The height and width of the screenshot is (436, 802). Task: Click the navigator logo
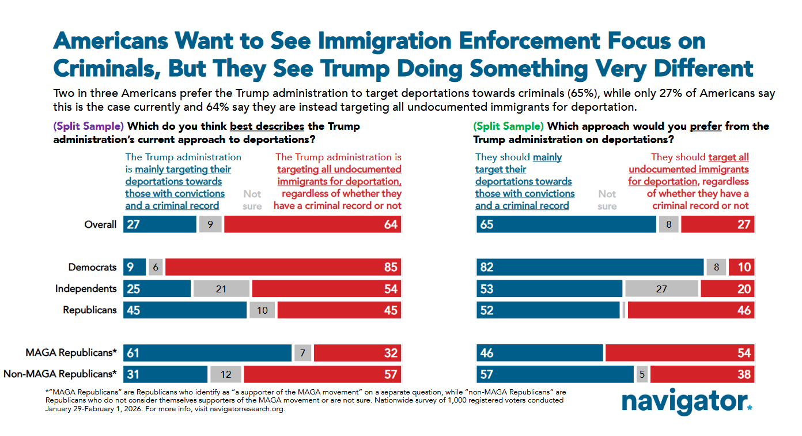[x=686, y=401]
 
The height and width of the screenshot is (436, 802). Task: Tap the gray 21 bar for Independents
[x=221, y=289]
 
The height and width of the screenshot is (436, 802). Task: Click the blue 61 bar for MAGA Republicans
[x=207, y=353]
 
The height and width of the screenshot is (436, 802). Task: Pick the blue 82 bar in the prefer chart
[x=590, y=267]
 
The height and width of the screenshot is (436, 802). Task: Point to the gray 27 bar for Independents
[x=661, y=289]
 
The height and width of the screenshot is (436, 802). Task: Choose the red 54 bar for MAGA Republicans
[x=679, y=353]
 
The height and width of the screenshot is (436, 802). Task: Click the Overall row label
[x=100, y=224]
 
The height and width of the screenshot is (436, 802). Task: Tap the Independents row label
[x=86, y=289]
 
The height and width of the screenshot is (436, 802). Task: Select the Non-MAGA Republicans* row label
[x=60, y=374]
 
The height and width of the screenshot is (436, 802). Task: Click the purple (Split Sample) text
[x=88, y=126]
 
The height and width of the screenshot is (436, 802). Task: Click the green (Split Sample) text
[x=508, y=126]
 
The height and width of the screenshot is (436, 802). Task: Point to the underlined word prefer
[x=705, y=126]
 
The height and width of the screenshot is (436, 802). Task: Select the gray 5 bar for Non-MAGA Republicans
[x=641, y=374]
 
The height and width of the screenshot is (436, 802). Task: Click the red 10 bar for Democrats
[x=742, y=267]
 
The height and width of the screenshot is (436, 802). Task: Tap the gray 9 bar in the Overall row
[x=210, y=224]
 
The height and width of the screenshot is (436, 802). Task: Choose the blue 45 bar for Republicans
[x=185, y=310]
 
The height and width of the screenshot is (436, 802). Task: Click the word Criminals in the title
[x=107, y=67]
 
